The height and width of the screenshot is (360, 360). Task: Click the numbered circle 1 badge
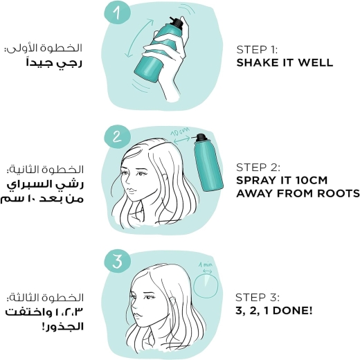click(118, 12)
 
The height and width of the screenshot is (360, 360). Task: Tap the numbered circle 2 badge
click(117, 136)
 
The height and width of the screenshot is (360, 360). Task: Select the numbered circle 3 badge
click(118, 261)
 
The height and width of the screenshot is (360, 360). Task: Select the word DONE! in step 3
click(294, 311)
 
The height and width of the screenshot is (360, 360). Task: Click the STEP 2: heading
click(258, 168)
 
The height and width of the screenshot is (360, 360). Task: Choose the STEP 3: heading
click(258, 298)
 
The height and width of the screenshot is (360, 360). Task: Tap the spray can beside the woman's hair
click(208, 163)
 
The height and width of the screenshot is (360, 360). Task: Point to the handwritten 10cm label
click(180, 132)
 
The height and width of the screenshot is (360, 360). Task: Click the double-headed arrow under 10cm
click(181, 140)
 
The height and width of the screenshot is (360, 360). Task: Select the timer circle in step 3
click(206, 286)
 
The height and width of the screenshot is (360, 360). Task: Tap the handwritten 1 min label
click(206, 264)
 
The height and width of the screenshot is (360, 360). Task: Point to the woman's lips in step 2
click(131, 191)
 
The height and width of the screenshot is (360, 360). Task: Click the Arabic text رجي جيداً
click(54, 64)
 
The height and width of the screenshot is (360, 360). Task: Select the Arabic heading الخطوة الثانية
click(45, 170)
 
